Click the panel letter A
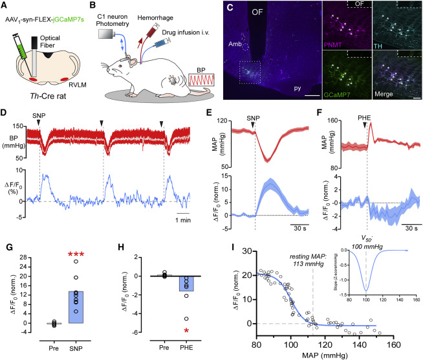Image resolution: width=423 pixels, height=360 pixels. tap(5, 5)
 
